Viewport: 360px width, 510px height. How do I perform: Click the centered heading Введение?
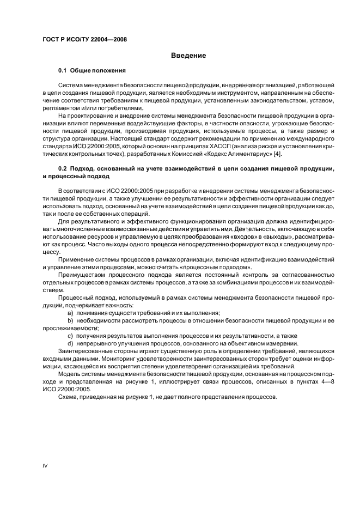point(188,55)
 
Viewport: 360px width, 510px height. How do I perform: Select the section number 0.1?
point(64,71)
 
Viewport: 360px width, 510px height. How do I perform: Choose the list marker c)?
point(70,336)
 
